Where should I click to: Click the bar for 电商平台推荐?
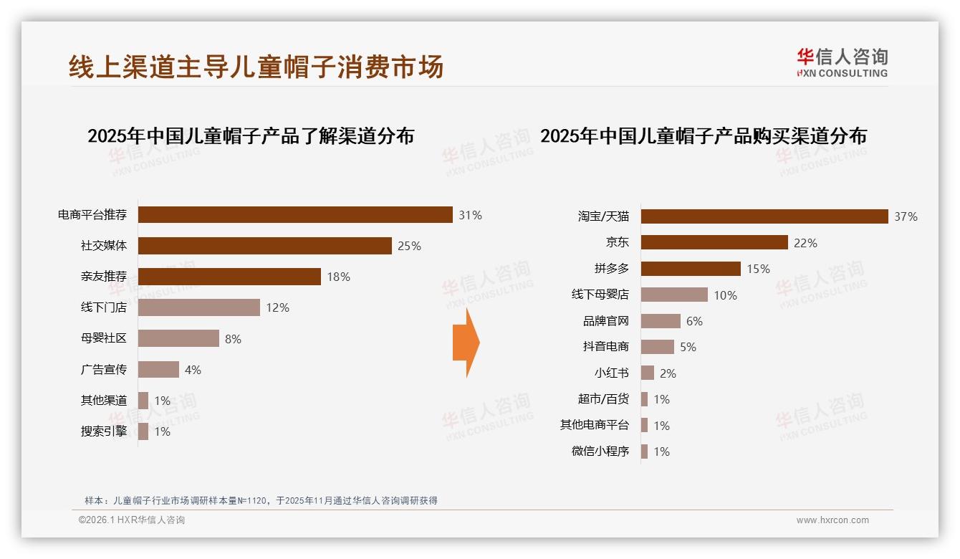tap(295, 215)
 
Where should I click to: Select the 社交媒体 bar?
tap(264, 246)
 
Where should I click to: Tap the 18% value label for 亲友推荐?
tap(338, 277)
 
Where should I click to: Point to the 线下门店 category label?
tap(104, 307)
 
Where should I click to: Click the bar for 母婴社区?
tap(178, 338)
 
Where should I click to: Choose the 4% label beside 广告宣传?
tap(193, 370)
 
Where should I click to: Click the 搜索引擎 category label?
tap(104, 431)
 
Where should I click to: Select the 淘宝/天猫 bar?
tap(764, 216)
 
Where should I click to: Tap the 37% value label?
tap(906, 216)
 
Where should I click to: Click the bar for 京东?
tap(714, 242)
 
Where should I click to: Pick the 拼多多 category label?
tap(611, 269)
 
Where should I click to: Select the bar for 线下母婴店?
tap(674, 295)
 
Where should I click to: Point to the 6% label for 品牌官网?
tap(694, 321)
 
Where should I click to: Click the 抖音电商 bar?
tap(658, 347)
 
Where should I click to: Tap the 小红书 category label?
tap(611, 373)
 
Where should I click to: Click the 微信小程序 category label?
tap(600, 451)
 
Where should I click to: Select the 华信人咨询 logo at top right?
tap(842, 62)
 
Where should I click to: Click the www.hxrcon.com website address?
tap(832, 520)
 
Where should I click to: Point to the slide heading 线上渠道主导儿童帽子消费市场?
tap(256, 67)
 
